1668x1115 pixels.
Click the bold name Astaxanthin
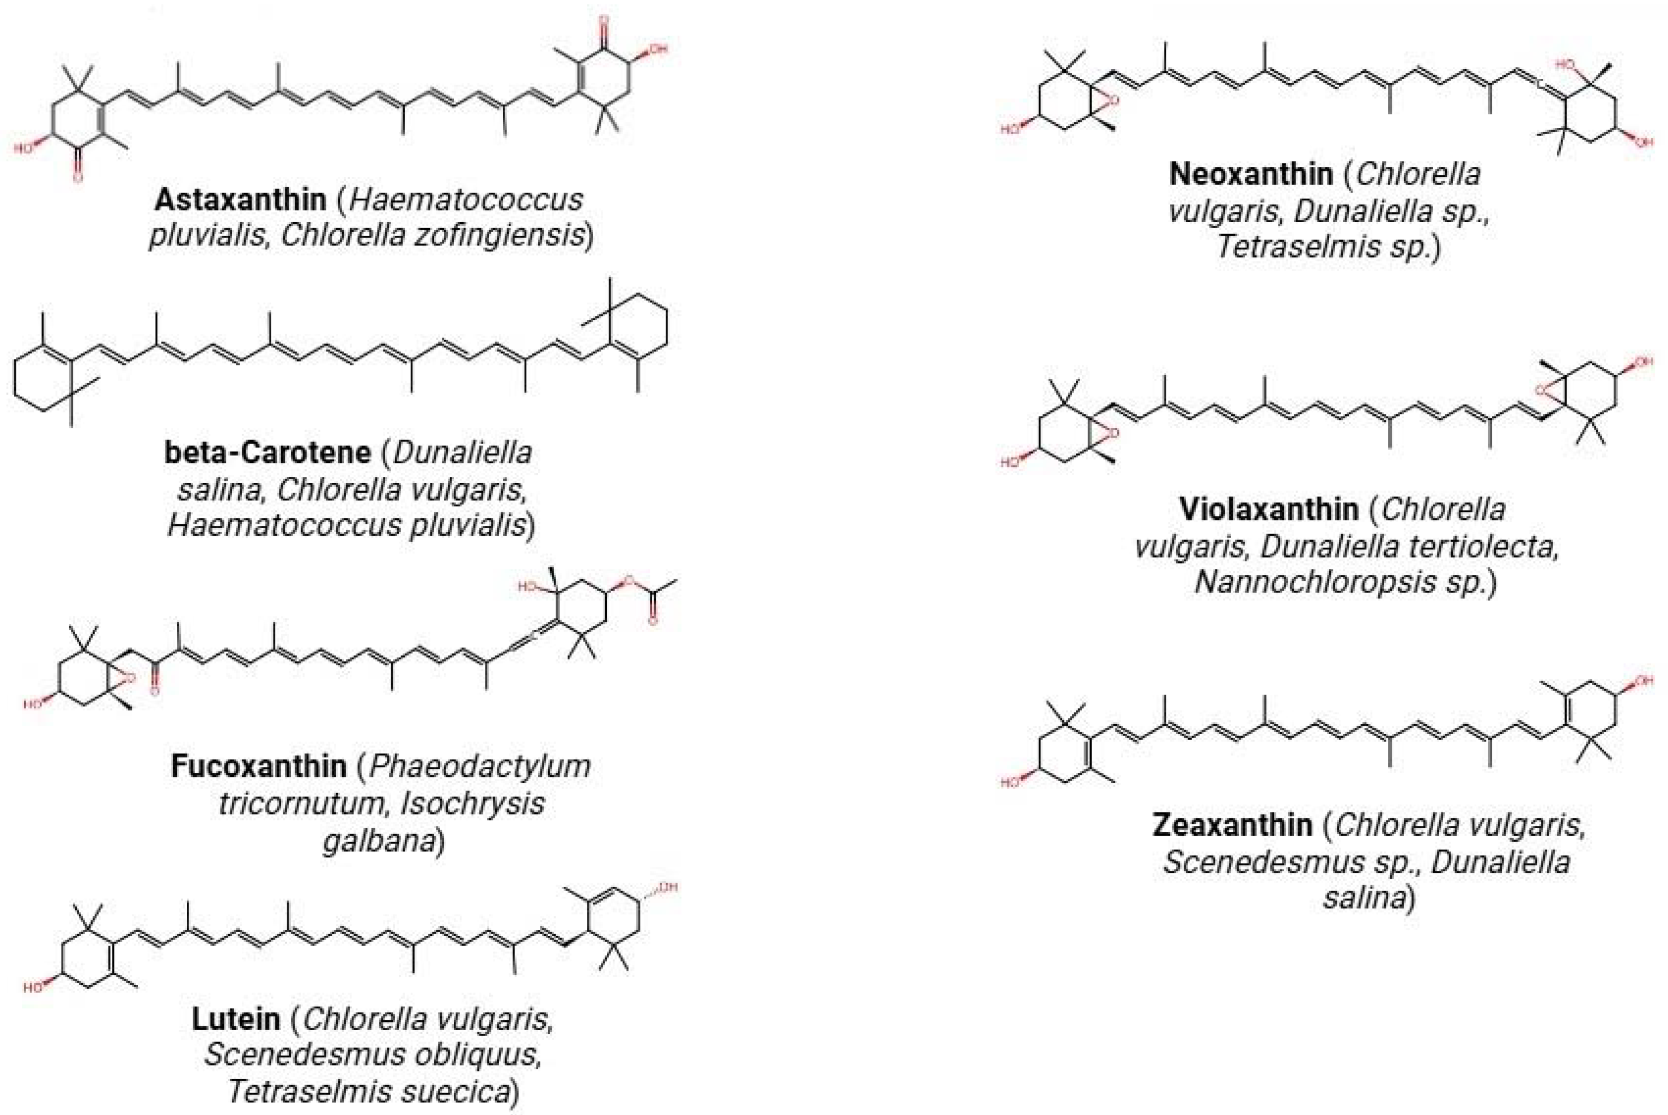240,200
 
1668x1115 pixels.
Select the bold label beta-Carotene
267,453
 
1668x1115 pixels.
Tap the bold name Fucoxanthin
259,766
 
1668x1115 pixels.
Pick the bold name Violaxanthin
1268,509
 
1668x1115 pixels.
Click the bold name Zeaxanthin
1233,825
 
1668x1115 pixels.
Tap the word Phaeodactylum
480,766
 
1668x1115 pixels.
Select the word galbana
379,841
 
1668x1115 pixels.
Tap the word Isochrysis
472,804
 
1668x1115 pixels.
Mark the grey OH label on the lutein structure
668,887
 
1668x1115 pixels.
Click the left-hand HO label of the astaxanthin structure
23,148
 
